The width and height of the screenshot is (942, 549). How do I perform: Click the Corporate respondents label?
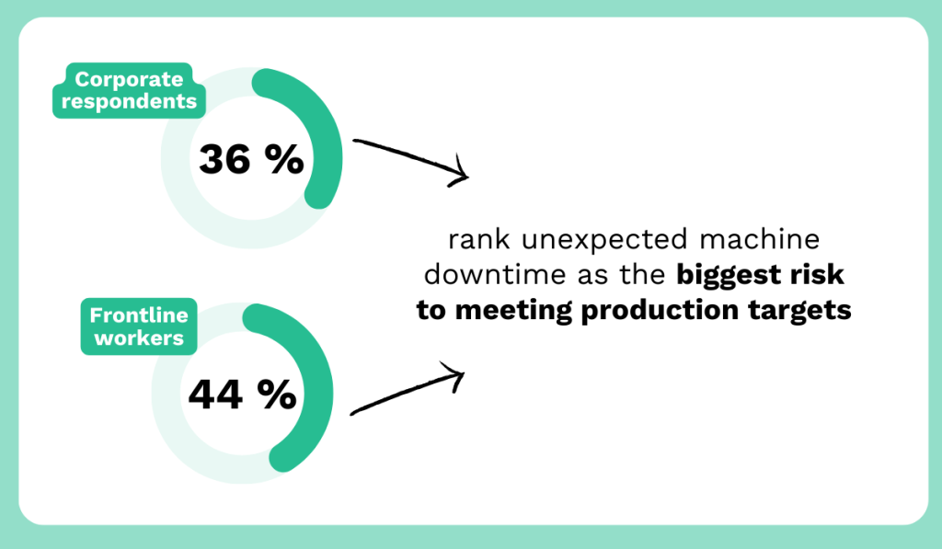click(129, 90)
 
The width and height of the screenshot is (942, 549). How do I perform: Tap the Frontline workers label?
click(139, 326)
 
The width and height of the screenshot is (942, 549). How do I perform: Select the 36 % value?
click(251, 159)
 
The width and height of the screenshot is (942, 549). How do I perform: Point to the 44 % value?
click(242, 395)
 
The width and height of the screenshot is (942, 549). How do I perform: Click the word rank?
click(478, 239)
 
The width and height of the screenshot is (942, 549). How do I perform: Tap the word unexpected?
click(604, 240)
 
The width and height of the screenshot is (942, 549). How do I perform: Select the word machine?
click(759, 239)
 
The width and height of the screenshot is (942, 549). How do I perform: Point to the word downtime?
click(495, 274)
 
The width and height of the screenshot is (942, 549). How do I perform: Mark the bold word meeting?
click(513, 311)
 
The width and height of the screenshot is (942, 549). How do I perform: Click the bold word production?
click(660, 311)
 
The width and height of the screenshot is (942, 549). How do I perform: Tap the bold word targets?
click(799, 311)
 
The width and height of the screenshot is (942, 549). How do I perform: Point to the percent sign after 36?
click(285, 159)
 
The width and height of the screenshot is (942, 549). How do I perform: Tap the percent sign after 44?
click(277, 395)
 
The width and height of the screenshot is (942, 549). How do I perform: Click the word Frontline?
click(139, 315)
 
